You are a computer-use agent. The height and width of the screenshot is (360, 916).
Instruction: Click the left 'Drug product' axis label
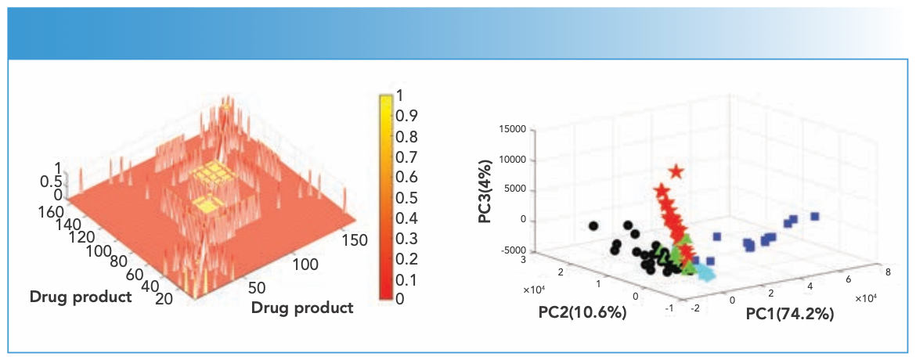80,297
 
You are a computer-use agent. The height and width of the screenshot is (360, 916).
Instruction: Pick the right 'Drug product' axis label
301,308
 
